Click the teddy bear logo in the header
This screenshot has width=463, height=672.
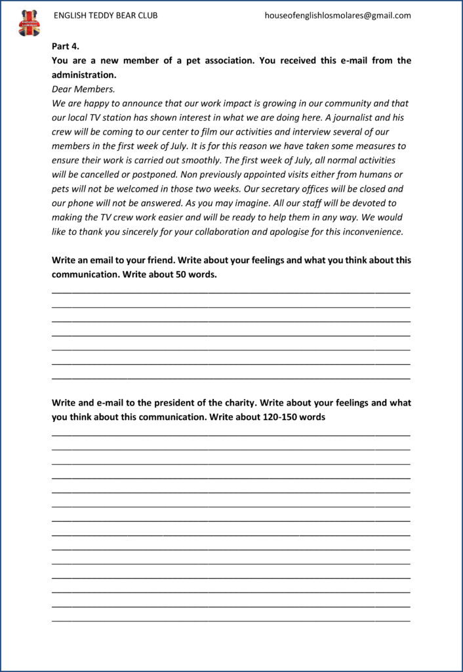30,23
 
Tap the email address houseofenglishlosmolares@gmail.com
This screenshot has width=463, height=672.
338,15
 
